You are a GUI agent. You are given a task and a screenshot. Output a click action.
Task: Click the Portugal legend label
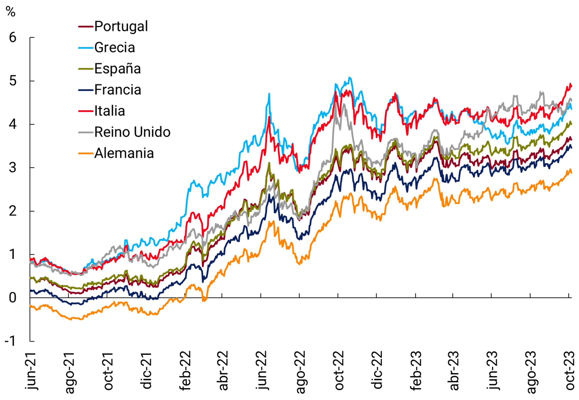click(x=121, y=26)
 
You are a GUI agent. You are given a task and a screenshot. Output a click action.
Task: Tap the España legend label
click(x=117, y=69)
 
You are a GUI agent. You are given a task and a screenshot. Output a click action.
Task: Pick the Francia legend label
click(x=117, y=90)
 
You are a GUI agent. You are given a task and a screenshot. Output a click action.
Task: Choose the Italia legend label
click(x=109, y=111)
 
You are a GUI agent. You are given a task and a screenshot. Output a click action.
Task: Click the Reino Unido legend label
click(x=132, y=132)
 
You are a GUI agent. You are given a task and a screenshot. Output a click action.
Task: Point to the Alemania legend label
click(x=124, y=153)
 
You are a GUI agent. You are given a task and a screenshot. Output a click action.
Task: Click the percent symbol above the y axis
click(x=11, y=11)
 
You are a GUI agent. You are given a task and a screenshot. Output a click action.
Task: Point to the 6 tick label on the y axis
click(x=13, y=38)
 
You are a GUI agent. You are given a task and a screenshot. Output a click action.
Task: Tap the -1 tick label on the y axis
click(x=10, y=341)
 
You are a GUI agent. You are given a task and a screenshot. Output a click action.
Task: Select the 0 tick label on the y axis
click(x=13, y=298)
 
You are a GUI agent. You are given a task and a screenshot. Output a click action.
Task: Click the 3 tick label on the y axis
click(x=13, y=168)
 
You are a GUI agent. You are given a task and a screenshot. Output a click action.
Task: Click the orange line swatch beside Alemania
click(x=86, y=153)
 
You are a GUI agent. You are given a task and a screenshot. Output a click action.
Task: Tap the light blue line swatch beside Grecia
click(x=86, y=47)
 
